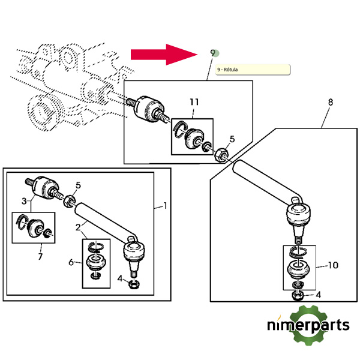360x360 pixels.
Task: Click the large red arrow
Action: coord(164,55)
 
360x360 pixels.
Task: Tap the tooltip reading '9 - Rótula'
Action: coord(253,70)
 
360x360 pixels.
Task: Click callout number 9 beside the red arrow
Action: coord(213,53)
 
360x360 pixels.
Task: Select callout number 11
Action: coord(194,102)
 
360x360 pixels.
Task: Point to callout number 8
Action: coord(330,102)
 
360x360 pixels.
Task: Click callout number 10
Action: coord(333,265)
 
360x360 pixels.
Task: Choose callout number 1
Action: coord(165,206)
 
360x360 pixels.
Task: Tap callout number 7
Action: coord(40,256)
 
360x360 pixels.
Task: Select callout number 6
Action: coord(71,262)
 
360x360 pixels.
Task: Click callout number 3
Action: coord(24,201)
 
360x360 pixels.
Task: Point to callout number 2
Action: coord(78,227)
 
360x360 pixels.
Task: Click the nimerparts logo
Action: coord(308,325)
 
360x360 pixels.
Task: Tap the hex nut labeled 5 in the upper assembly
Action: coord(221,155)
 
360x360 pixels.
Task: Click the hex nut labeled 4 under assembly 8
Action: coord(298,296)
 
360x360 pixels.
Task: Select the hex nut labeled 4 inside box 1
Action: coord(134,284)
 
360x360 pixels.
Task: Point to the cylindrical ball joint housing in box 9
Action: coord(149,109)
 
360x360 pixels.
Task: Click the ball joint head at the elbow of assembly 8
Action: coord(299,214)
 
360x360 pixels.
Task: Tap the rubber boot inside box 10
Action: coord(298,269)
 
